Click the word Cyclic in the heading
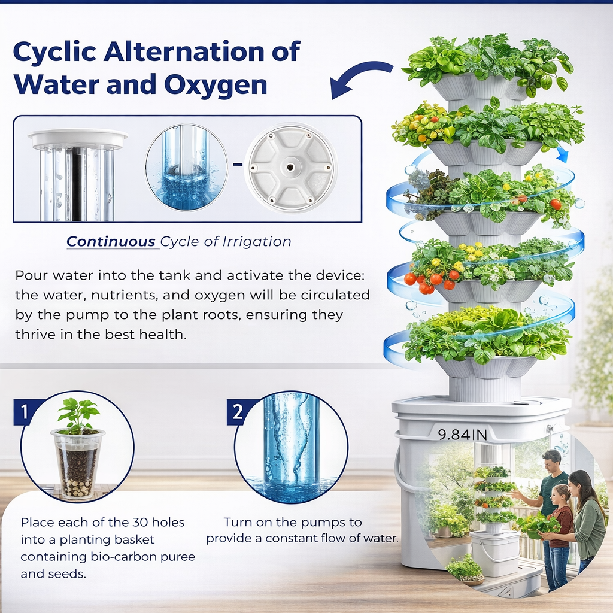click(x=54, y=52)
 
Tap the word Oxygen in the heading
click(x=216, y=85)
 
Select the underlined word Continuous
click(x=111, y=242)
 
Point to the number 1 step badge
click(x=24, y=412)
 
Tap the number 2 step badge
click(x=238, y=412)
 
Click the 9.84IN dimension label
click(x=463, y=435)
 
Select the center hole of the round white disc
click(x=290, y=168)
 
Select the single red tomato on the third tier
click(x=555, y=204)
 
